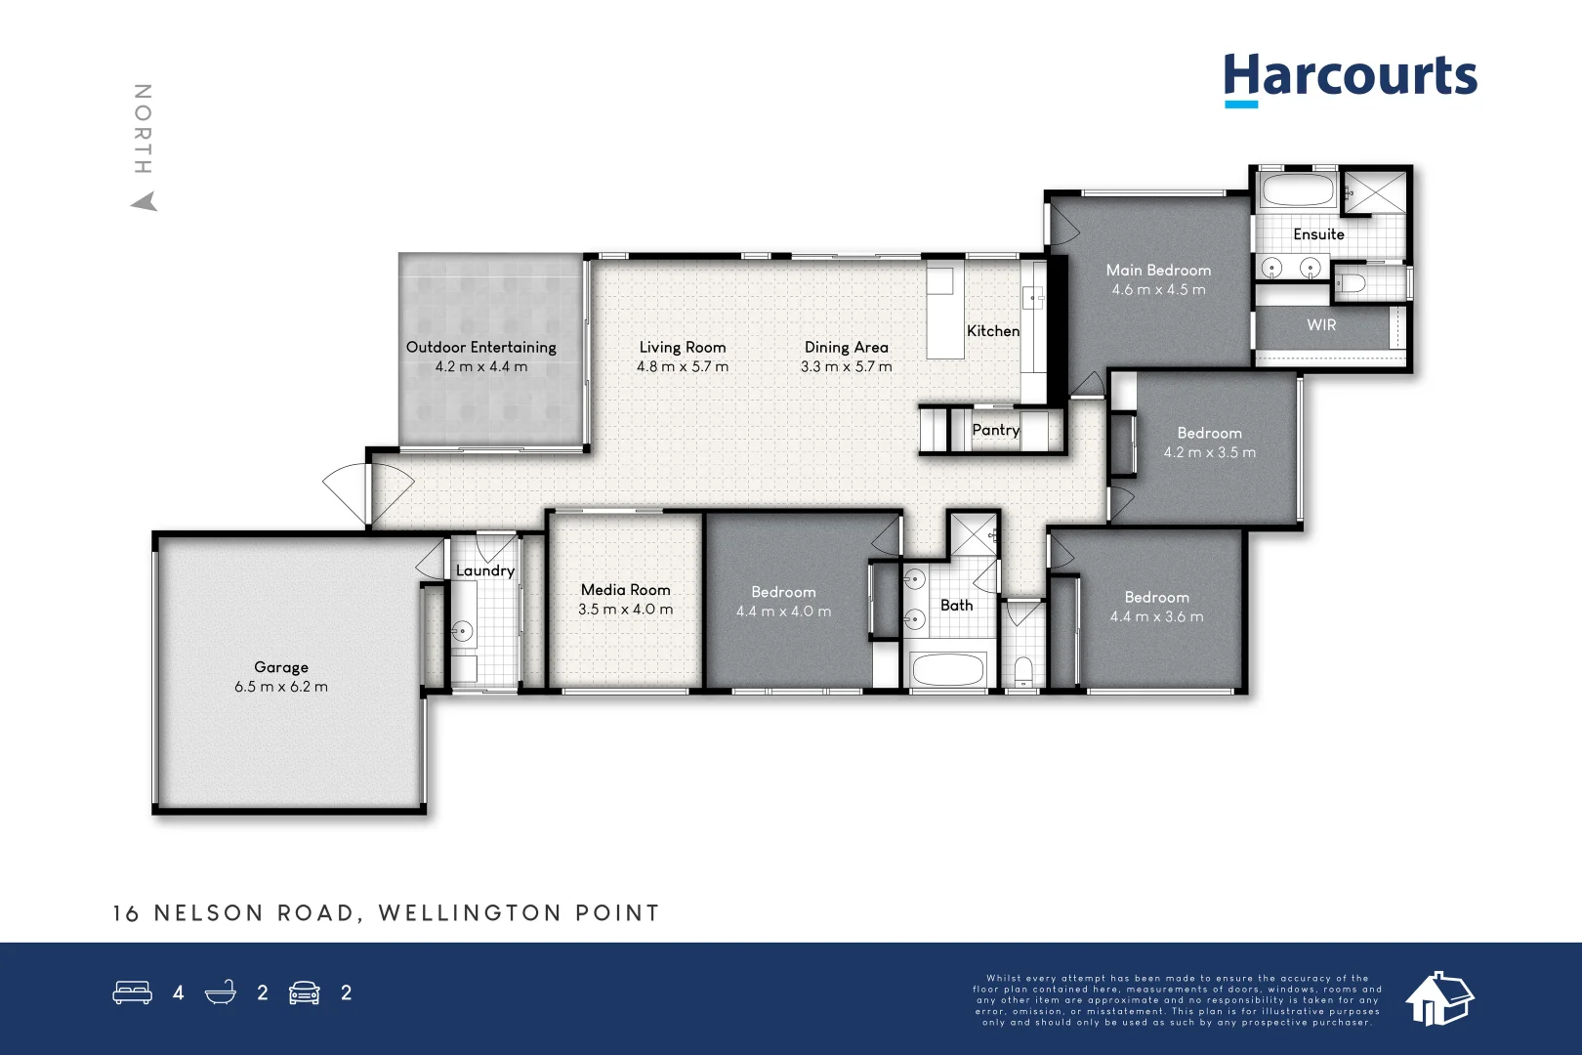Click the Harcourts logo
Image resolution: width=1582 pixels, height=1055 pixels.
[1350, 77]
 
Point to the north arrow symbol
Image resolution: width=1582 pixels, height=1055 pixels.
[145, 201]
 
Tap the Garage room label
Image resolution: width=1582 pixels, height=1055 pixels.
[281, 667]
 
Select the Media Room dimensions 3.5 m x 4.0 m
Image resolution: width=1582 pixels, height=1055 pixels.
[625, 610]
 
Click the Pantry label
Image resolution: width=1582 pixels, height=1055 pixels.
[995, 430]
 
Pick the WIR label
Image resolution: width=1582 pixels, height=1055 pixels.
[1321, 325]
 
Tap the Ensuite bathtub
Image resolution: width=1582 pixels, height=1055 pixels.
[1297, 190]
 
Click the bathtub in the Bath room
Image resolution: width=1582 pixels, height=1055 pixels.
[947, 670]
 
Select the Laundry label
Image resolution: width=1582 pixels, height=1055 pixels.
[484, 570]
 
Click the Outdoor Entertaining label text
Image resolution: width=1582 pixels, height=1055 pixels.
[480, 347]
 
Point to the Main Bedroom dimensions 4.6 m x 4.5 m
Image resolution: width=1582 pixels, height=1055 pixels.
[1158, 290]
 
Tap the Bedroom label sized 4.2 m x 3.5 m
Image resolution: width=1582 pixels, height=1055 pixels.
[1209, 433]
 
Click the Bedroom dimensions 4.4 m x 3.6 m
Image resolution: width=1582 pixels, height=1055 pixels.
[1156, 617]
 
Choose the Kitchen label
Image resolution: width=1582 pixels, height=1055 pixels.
[993, 331]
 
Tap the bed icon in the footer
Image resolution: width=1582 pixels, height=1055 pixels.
[132, 992]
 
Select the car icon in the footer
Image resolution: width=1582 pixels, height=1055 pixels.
[305, 992]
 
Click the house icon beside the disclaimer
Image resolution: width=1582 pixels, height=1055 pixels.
[1438, 998]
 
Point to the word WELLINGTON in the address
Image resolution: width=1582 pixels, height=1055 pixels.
[470, 913]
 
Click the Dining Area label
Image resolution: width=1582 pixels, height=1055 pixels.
[846, 347]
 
